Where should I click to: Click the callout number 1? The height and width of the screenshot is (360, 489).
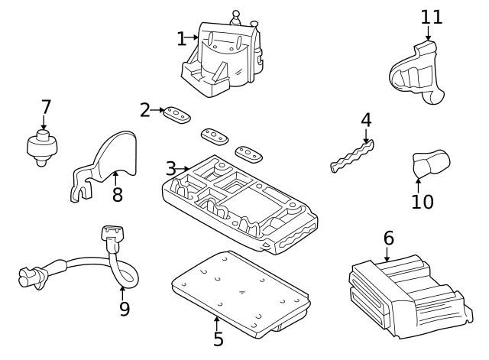click(181, 37)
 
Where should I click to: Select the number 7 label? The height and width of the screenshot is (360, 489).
click(46, 106)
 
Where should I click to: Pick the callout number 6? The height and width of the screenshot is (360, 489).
click(388, 238)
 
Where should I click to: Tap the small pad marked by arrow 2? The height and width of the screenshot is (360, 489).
click(177, 114)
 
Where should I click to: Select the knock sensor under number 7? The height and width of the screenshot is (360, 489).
click(41, 145)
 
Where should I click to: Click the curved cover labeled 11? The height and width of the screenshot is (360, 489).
click(416, 75)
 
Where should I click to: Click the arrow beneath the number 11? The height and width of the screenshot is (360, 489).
click(428, 34)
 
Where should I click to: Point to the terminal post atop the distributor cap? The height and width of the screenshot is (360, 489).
click(236, 17)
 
